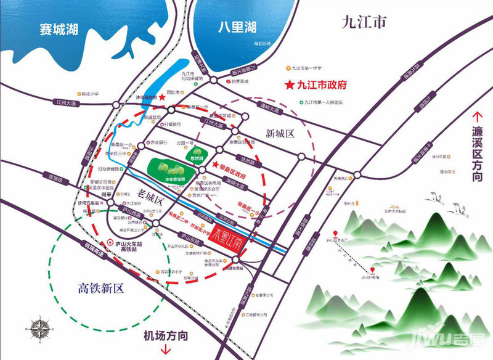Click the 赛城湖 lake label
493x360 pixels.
point(57,29)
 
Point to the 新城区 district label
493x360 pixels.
point(282,134)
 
